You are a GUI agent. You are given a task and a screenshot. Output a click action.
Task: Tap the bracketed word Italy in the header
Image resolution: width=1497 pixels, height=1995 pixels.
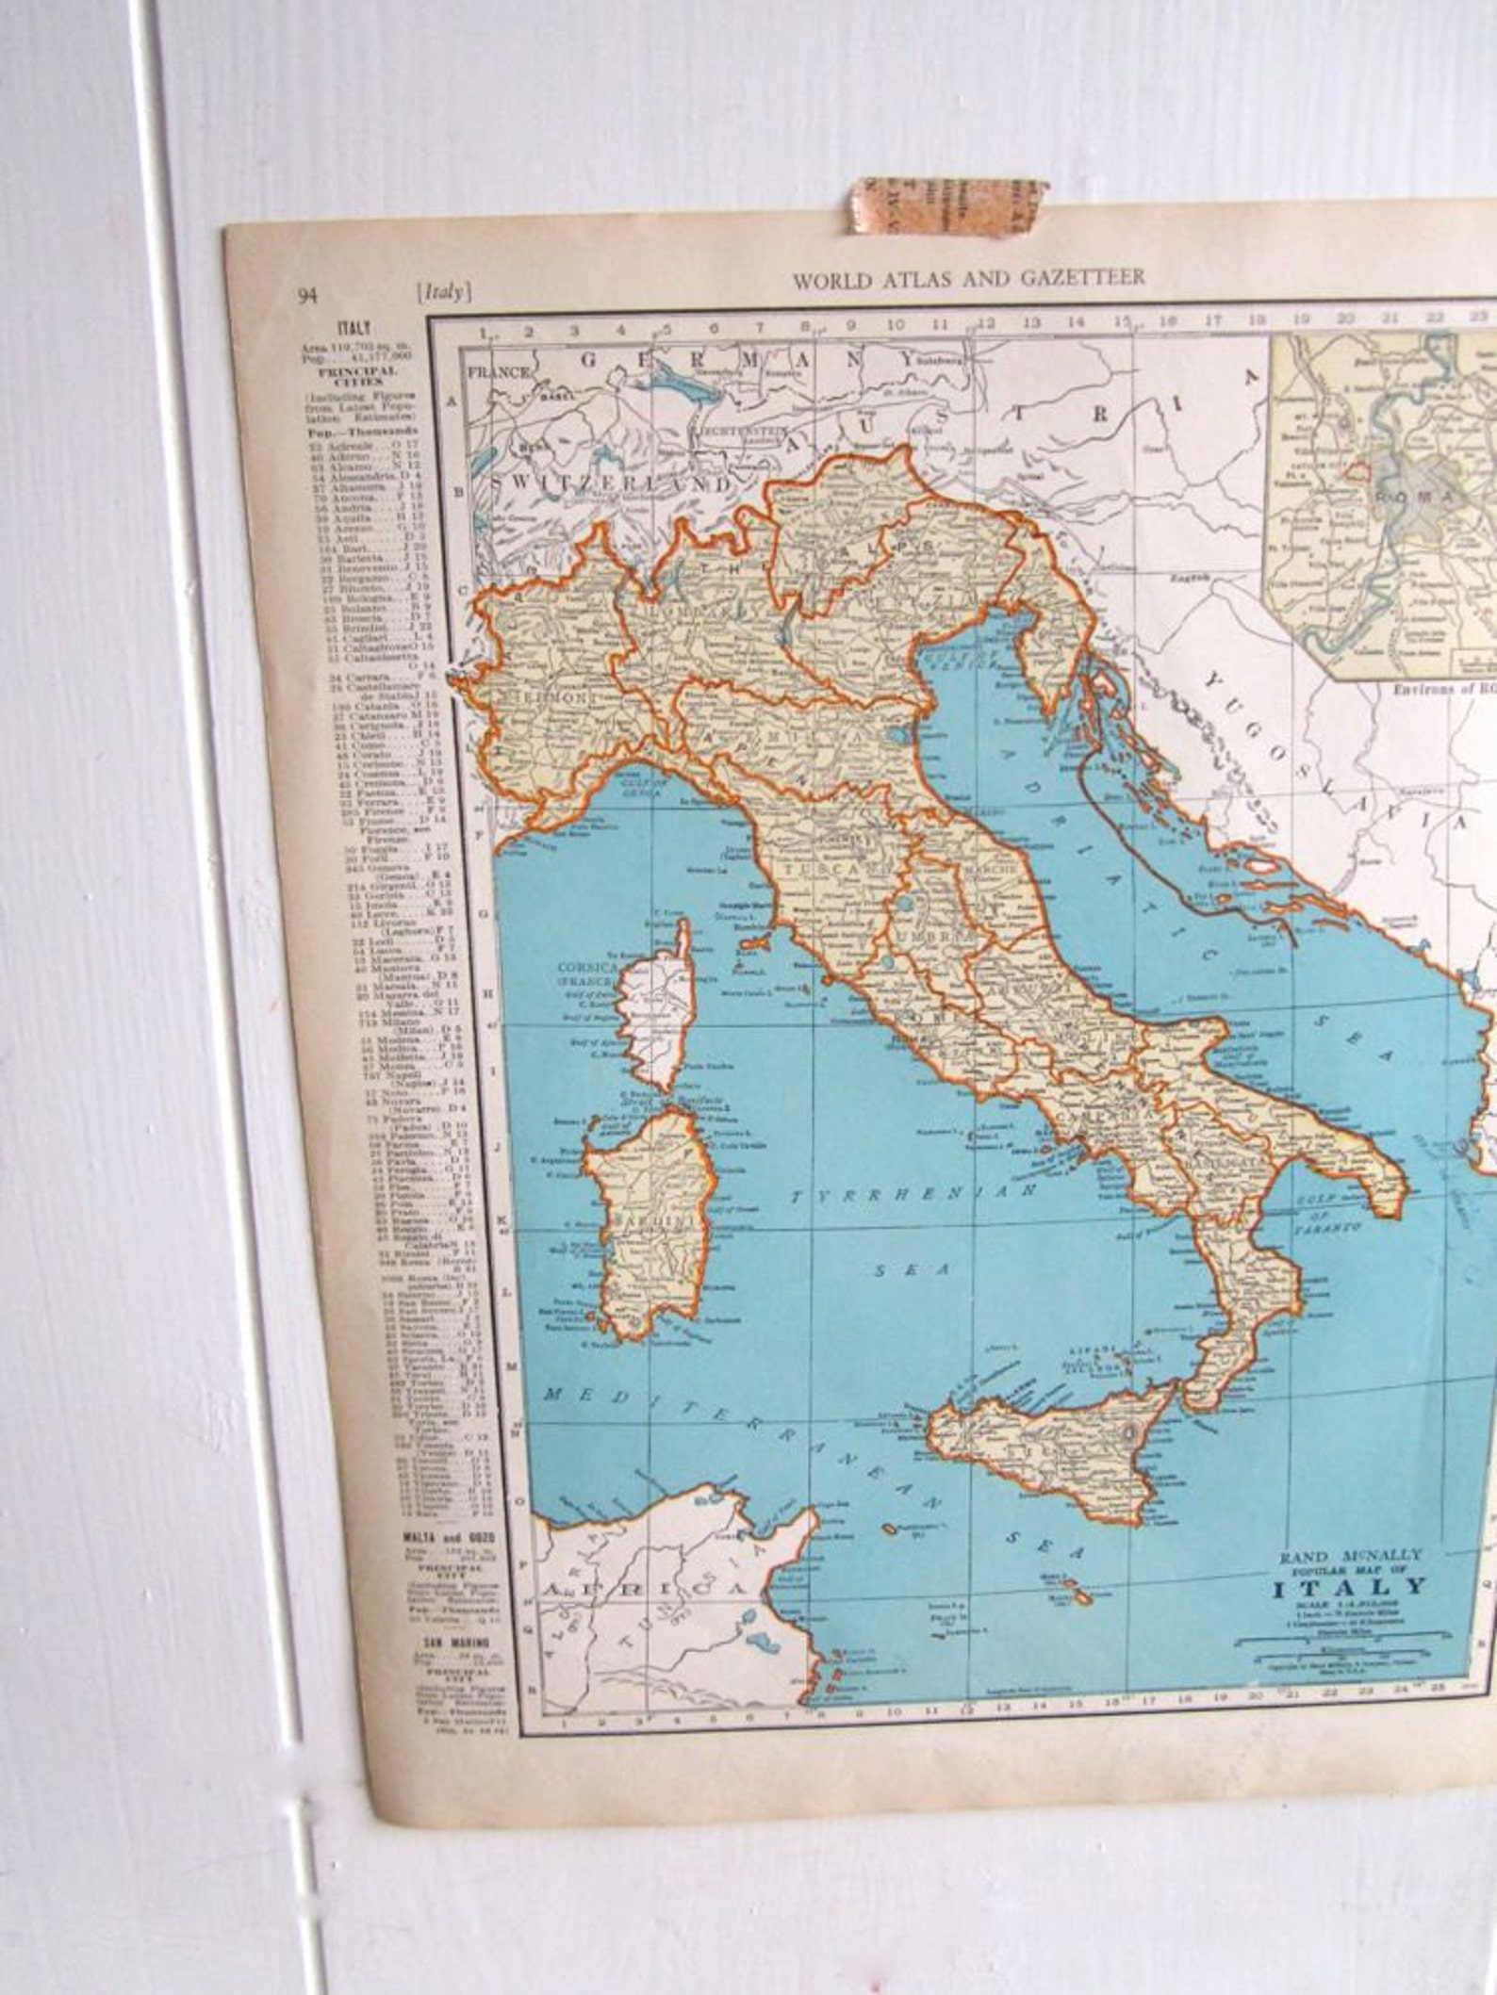[443, 292]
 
